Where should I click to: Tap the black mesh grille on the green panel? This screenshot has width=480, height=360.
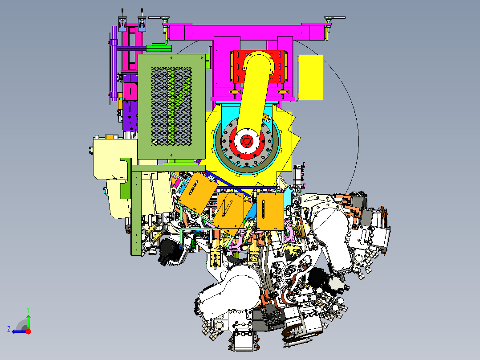(172, 106)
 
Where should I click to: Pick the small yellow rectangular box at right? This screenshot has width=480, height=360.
(310, 77)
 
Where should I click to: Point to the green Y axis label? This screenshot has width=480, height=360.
(28, 309)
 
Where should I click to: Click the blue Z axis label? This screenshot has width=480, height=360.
(9, 329)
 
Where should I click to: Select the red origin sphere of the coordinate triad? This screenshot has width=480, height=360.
(28, 331)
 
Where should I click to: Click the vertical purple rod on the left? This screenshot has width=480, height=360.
(114, 62)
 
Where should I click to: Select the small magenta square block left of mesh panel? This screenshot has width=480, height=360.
(130, 91)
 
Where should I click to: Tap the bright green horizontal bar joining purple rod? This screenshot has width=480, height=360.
(159, 47)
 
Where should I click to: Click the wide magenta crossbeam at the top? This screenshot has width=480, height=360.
(245, 32)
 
